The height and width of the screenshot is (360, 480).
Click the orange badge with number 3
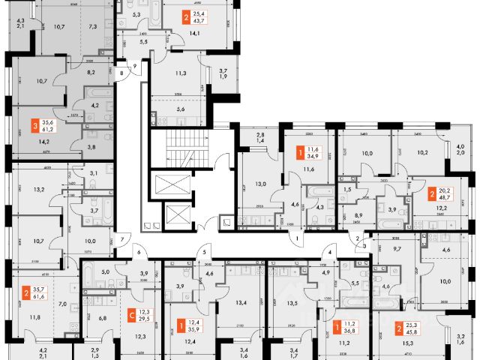click(34, 127)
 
